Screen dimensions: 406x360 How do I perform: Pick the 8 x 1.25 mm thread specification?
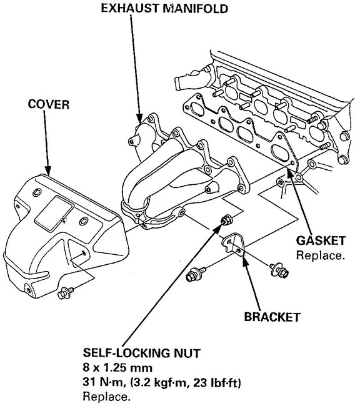[x=117, y=368]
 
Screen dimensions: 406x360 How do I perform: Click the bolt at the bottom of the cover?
[x=64, y=292]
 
